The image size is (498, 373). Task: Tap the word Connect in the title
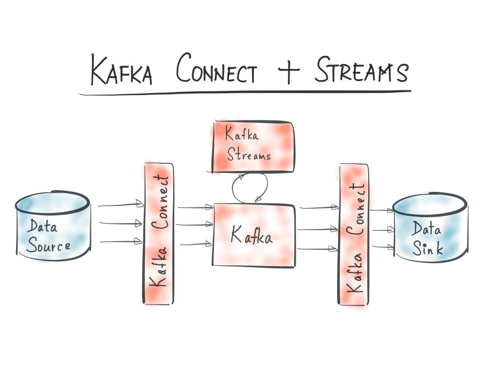(x=216, y=71)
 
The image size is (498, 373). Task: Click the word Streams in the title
(x=360, y=71)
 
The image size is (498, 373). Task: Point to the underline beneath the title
(x=246, y=92)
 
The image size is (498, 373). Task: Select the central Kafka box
(x=254, y=235)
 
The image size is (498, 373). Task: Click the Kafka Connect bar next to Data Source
(x=159, y=233)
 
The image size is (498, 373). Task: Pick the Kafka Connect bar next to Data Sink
(x=353, y=235)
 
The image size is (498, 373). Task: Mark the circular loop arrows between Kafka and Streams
(x=250, y=188)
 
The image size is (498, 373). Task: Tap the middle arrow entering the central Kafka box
(x=195, y=224)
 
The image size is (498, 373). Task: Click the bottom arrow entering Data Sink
(x=381, y=247)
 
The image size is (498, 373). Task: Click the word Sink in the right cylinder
(x=427, y=249)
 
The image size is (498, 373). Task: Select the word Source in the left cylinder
(x=48, y=245)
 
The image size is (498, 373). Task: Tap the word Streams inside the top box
(x=248, y=155)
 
